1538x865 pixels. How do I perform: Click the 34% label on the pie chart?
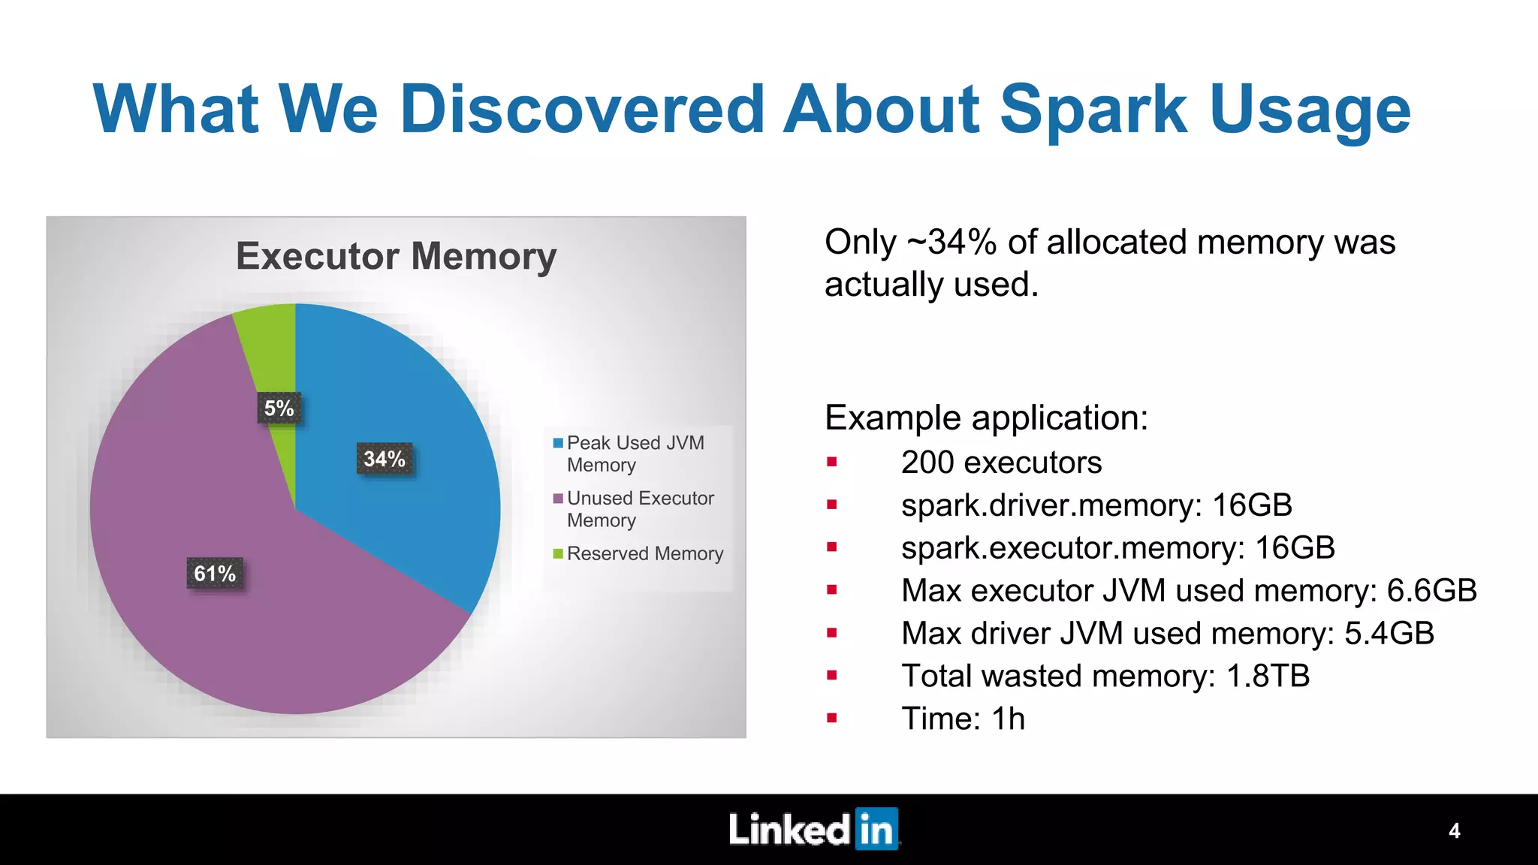(x=384, y=459)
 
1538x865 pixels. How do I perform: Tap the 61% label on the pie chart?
(x=215, y=574)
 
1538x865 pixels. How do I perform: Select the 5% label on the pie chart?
(x=279, y=408)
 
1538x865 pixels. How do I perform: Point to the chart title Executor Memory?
(x=396, y=256)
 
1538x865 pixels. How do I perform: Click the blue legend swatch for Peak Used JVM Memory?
(x=558, y=443)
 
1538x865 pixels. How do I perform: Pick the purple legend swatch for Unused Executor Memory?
(x=558, y=499)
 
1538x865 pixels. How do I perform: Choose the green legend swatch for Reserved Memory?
(x=558, y=554)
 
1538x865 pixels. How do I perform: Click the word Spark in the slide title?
(x=1093, y=110)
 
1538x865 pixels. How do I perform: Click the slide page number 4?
(x=1454, y=831)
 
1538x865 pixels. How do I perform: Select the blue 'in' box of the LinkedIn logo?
(x=876, y=830)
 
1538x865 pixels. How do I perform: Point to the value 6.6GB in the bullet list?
(x=1431, y=591)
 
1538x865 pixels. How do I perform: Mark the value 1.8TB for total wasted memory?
(x=1268, y=677)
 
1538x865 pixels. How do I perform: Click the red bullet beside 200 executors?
(x=832, y=462)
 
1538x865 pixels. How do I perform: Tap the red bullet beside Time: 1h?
(x=832, y=718)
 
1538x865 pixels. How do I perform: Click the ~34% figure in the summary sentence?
(x=951, y=243)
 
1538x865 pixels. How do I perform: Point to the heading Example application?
(x=986, y=417)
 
